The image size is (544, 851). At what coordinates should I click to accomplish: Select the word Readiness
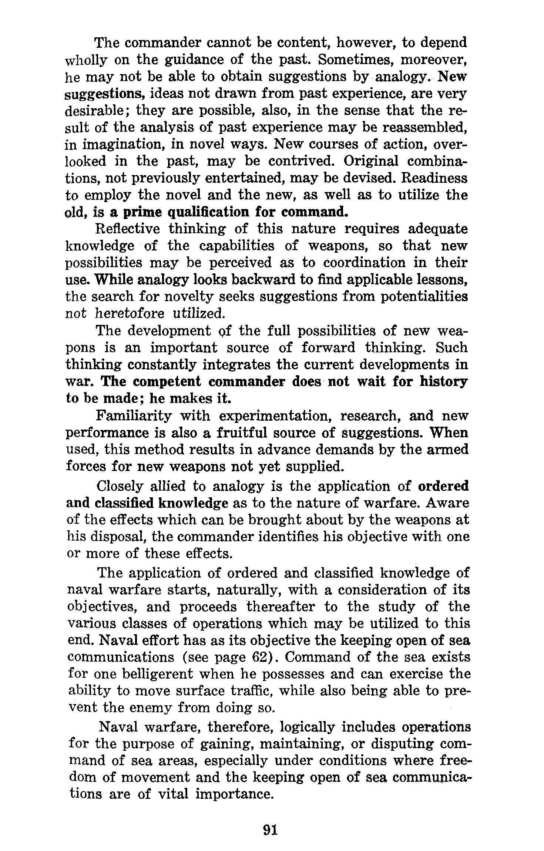pyautogui.click(x=434, y=178)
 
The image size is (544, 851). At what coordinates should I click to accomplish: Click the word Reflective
pyautogui.click(x=128, y=229)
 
